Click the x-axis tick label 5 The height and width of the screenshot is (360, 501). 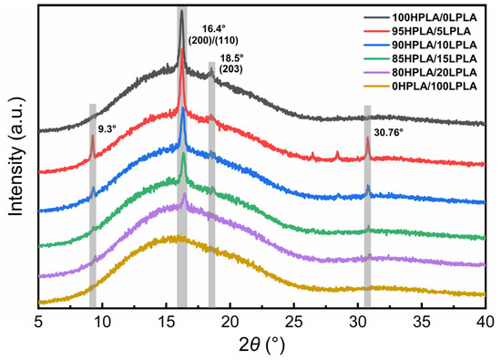point(39,322)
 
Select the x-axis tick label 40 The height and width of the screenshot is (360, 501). point(486,322)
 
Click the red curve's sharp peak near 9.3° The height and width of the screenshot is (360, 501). point(93,137)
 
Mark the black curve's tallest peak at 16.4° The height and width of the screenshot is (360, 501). point(182,12)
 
